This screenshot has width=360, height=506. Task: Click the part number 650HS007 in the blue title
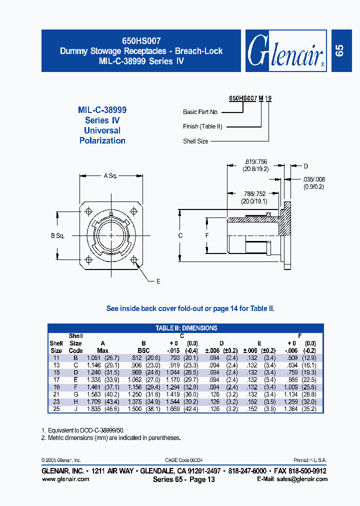click(x=141, y=42)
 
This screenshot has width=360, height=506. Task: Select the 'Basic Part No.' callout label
click(x=200, y=112)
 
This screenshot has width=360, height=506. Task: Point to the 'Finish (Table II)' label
click(x=202, y=126)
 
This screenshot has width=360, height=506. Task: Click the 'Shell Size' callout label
click(x=195, y=141)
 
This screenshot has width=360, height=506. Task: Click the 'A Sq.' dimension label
click(x=110, y=175)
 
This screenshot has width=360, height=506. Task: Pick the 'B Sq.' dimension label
click(x=58, y=235)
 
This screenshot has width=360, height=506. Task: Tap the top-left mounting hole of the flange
click(x=89, y=210)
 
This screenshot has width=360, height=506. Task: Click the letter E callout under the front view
click(x=158, y=282)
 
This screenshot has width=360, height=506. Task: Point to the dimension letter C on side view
click(x=180, y=235)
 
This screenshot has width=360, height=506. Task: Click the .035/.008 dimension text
click(x=313, y=179)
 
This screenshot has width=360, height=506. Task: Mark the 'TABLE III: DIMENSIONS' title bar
click(x=186, y=328)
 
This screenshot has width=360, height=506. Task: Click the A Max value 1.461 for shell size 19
click(x=94, y=387)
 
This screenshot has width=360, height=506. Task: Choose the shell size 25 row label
click(x=56, y=408)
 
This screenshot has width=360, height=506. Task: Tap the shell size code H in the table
click(x=75, y=401)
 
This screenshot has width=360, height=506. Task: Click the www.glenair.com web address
click(x=65, y=478)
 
